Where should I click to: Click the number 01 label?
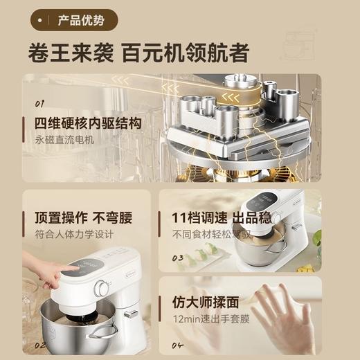40,104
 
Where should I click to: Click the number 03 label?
179,258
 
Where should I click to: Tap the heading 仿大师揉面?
206,303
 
